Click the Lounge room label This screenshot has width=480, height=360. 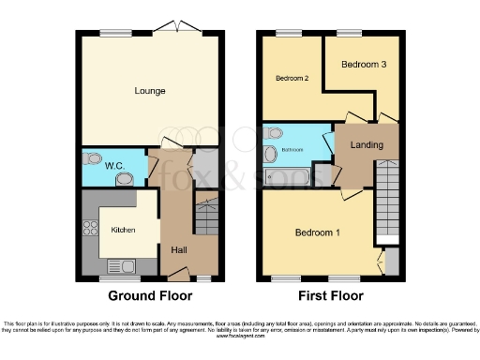pos(149,91)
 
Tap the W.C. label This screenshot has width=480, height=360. pos(114,167)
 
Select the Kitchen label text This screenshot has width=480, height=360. pos(124,230)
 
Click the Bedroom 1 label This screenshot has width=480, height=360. pos(319,232)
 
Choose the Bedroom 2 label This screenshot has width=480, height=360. pos(292,79)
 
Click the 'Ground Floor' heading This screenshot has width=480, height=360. pos(150,295)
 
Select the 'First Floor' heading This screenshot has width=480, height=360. pos(330,295)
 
